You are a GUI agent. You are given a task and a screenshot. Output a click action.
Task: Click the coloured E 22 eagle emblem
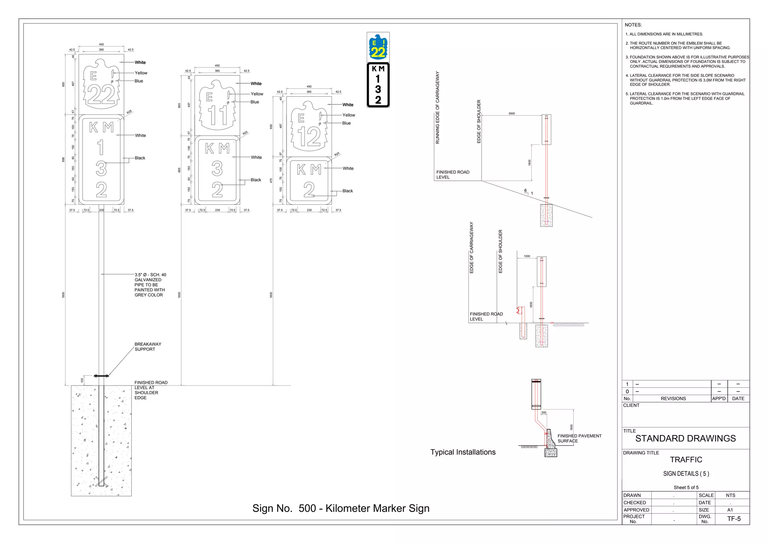(378, 47)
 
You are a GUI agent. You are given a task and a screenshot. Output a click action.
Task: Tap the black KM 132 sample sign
(378, 85)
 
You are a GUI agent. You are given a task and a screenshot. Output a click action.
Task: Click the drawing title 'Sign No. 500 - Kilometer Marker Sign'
(340, 508)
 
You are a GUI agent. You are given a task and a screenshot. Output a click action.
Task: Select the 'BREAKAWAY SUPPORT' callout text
(148, 347)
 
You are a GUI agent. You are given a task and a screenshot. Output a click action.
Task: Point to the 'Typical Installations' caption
(463, 452)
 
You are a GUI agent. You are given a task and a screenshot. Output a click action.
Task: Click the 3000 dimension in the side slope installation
(511, 113)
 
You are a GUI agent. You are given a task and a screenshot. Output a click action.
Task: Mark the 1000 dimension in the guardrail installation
(527, 256)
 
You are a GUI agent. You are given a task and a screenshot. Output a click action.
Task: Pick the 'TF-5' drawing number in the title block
(734, 519)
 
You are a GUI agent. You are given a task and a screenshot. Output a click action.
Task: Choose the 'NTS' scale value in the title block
(730, 495)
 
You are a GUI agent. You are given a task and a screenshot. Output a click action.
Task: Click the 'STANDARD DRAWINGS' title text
(685, 439)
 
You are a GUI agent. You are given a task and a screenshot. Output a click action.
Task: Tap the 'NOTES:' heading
(633, 25)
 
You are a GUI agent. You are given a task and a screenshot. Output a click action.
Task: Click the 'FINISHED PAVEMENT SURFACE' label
(579, 438)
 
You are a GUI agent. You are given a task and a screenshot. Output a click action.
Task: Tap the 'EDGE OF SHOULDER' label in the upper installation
(479, 121)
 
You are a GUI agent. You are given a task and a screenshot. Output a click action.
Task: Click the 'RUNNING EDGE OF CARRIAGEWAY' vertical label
(437, 108)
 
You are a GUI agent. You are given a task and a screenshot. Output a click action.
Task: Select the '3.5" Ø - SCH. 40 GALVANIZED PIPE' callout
(150, 285)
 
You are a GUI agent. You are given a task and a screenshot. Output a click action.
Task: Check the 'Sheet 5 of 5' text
(686, 487)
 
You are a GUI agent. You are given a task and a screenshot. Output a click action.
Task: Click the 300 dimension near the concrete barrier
(544, 412)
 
